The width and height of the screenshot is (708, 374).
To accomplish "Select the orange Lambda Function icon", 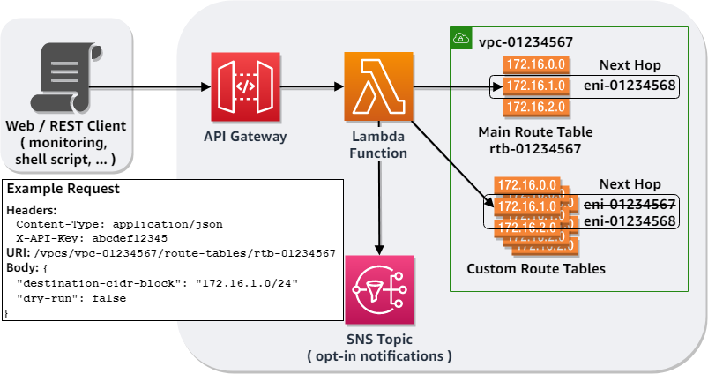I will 377,86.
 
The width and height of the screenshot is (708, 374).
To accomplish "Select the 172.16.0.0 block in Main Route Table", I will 534,64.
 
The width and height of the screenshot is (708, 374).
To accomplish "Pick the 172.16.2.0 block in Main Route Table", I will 534,108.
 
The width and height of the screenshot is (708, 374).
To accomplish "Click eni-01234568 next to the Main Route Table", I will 630,86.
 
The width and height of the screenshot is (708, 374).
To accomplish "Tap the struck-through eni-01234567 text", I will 630,205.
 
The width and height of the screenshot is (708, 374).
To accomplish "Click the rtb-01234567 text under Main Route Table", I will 535,148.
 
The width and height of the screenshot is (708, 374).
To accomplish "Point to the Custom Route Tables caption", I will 535,268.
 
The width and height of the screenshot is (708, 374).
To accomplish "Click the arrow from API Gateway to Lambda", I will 309,86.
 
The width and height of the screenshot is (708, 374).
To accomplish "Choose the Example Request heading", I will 63,190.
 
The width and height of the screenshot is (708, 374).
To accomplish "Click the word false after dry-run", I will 109,298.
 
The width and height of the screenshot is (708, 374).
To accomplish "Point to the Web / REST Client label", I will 66,126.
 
